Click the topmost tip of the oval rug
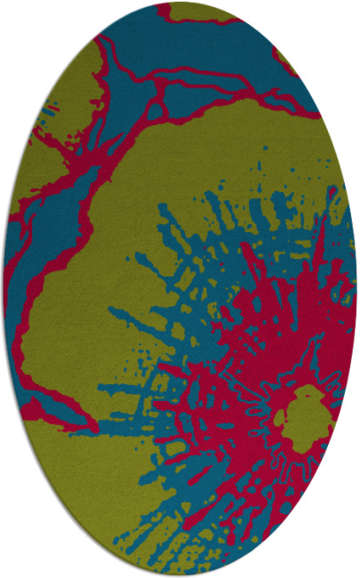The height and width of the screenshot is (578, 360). (x=180, y=4)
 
